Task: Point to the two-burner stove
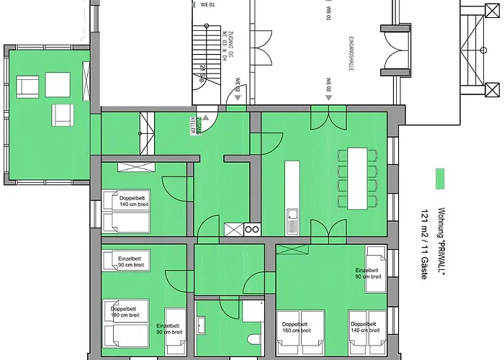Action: [x=252, y=230]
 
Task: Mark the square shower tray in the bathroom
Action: [x=253, y=310]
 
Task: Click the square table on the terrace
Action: [x=58, y=85]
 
